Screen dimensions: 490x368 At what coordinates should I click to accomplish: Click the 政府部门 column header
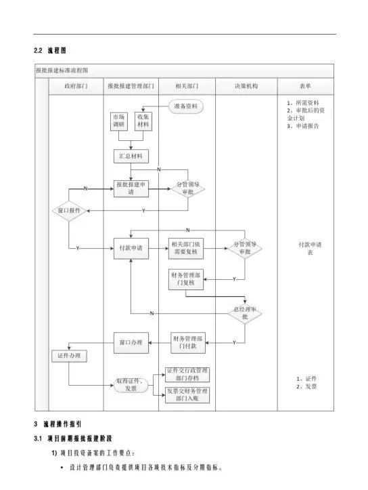76,87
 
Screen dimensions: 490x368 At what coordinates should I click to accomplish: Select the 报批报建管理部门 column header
131,87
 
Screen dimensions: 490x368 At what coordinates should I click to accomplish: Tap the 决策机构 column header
246,87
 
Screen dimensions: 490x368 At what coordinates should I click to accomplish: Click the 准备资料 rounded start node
185,107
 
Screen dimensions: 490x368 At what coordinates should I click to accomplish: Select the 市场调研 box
119,121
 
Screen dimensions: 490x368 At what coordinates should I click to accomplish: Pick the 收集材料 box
143,121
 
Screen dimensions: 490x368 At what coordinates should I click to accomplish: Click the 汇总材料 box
131,156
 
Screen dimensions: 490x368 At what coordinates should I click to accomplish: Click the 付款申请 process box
131,248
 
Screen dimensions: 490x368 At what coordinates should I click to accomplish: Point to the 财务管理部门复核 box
185,279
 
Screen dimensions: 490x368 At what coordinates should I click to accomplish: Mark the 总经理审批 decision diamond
245,312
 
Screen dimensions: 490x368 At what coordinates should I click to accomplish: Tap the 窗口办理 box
131,342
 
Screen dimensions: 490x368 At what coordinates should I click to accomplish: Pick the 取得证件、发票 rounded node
131,385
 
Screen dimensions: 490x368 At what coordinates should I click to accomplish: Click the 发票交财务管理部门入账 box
187,395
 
